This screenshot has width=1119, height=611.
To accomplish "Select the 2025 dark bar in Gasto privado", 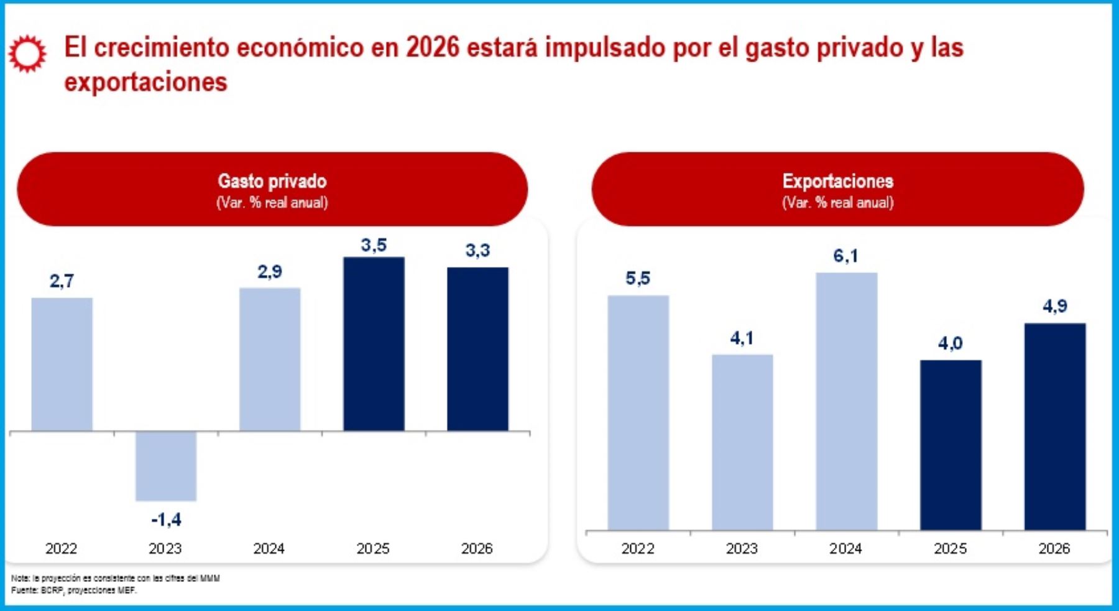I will click(374, 344).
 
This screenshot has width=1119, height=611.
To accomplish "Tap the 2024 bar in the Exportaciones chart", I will click(846, 401).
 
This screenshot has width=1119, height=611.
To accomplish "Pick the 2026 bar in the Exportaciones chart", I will click(1054, 427).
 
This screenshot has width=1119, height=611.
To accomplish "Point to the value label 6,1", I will click(845, 256).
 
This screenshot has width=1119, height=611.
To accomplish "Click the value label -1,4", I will click(166, 520).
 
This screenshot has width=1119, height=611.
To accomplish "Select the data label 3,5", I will click(374, 245).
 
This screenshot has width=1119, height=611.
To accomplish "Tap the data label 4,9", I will click(1054, 306).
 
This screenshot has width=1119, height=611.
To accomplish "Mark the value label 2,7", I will click(62, 281).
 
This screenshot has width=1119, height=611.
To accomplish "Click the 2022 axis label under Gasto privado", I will click(61, 549).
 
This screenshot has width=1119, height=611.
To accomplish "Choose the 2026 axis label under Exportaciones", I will click(1054, 549).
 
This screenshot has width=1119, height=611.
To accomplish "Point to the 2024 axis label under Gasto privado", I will click(269, 549).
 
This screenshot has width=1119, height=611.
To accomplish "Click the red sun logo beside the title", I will click(27, 54).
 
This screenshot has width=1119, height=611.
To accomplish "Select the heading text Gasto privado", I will click(272, 181).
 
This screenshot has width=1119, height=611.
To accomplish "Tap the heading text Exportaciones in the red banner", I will click(837, 181).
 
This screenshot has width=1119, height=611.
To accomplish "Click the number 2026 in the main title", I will click(432, 48).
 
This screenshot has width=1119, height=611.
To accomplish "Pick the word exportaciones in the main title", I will click(146, 82).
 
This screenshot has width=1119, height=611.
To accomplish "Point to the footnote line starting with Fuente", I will click(73, 590).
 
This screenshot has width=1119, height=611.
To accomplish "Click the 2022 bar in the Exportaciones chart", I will click(638, 413).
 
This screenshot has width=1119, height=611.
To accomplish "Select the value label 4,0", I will click(950, 343).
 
